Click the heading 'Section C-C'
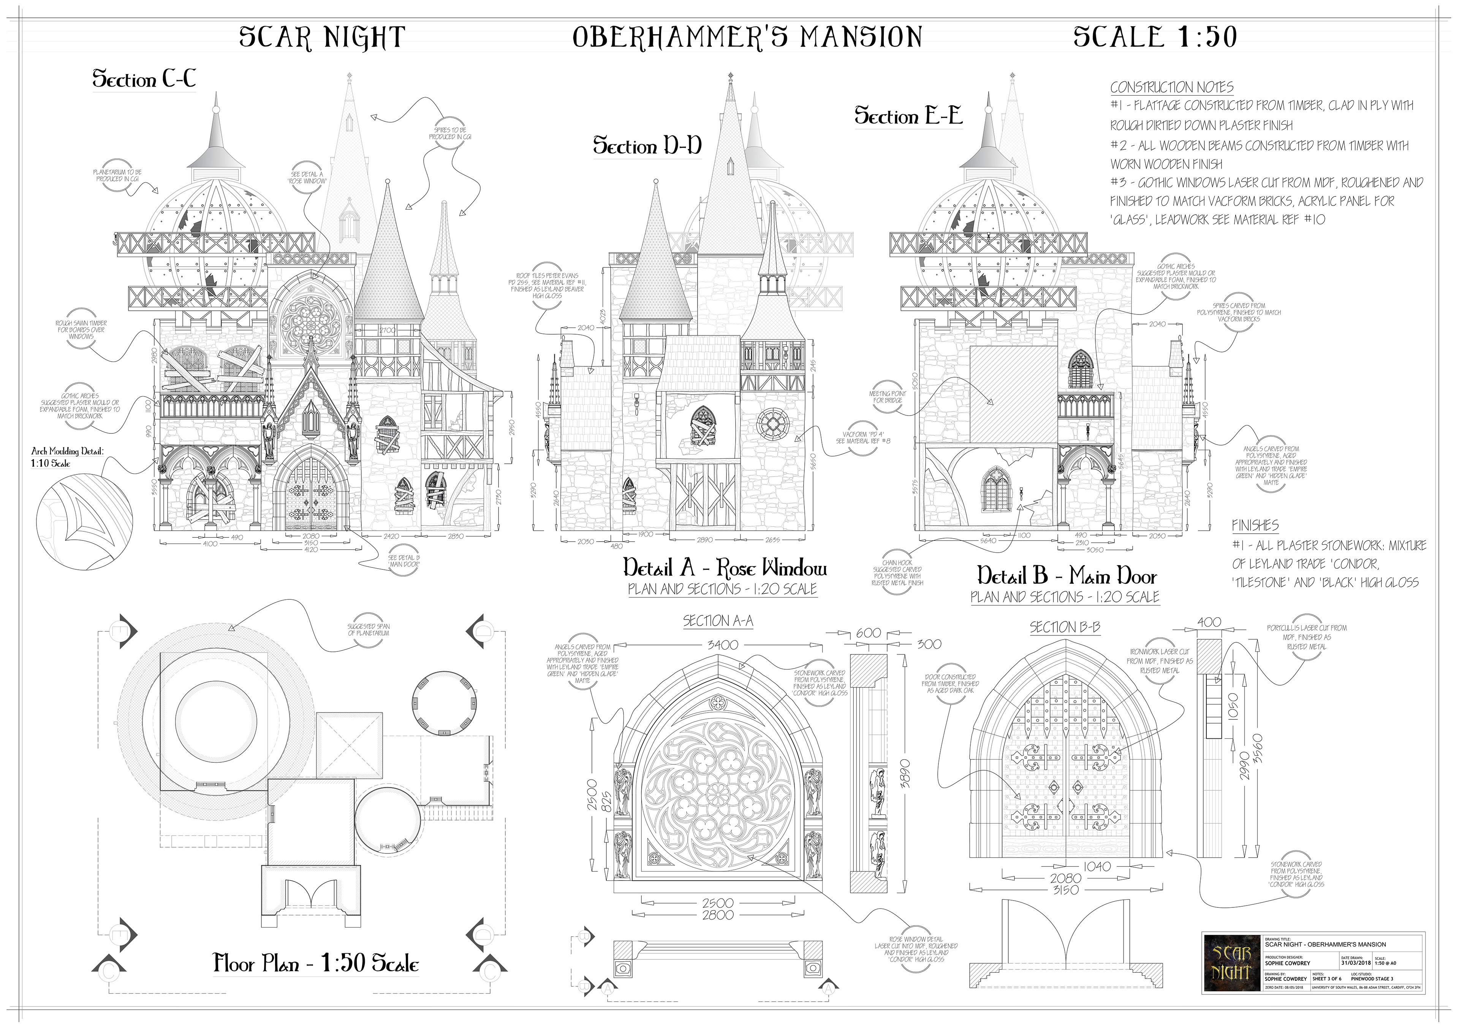pos(144,79)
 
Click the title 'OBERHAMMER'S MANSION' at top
pos(747,37)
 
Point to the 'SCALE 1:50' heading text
pos(1155,37)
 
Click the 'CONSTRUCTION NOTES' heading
pos(1172,87)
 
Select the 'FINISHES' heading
pos(1255,526)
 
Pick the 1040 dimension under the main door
pos(1097,866)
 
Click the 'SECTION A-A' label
pos(718,621)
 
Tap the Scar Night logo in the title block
pos(1231,963)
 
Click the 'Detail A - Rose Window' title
pos(725,567)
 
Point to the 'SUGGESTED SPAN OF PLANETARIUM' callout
pos(369,630)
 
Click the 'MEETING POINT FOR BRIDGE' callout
pos(888,397)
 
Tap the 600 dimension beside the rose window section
pos(869,633)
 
